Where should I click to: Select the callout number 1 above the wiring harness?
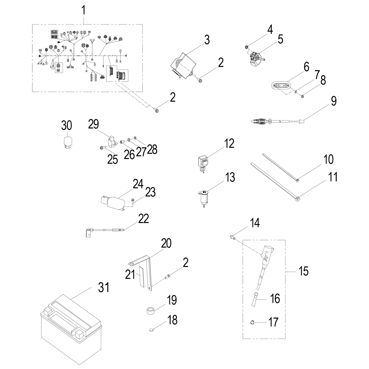pyautogui.click(x=84, y=11)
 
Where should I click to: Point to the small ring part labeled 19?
pyautogui.click(x=151, y=310)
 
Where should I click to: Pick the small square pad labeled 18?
pyautogui.click(x=152, y=328)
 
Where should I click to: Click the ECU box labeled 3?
pyautogui.click(x=183, y=65)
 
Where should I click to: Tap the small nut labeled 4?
pyautogui.click(x=246, y=46)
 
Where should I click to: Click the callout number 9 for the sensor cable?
pyautogui.click(x=334, y=101)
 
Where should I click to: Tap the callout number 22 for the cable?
pyautogui.click(x=143, y=219)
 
